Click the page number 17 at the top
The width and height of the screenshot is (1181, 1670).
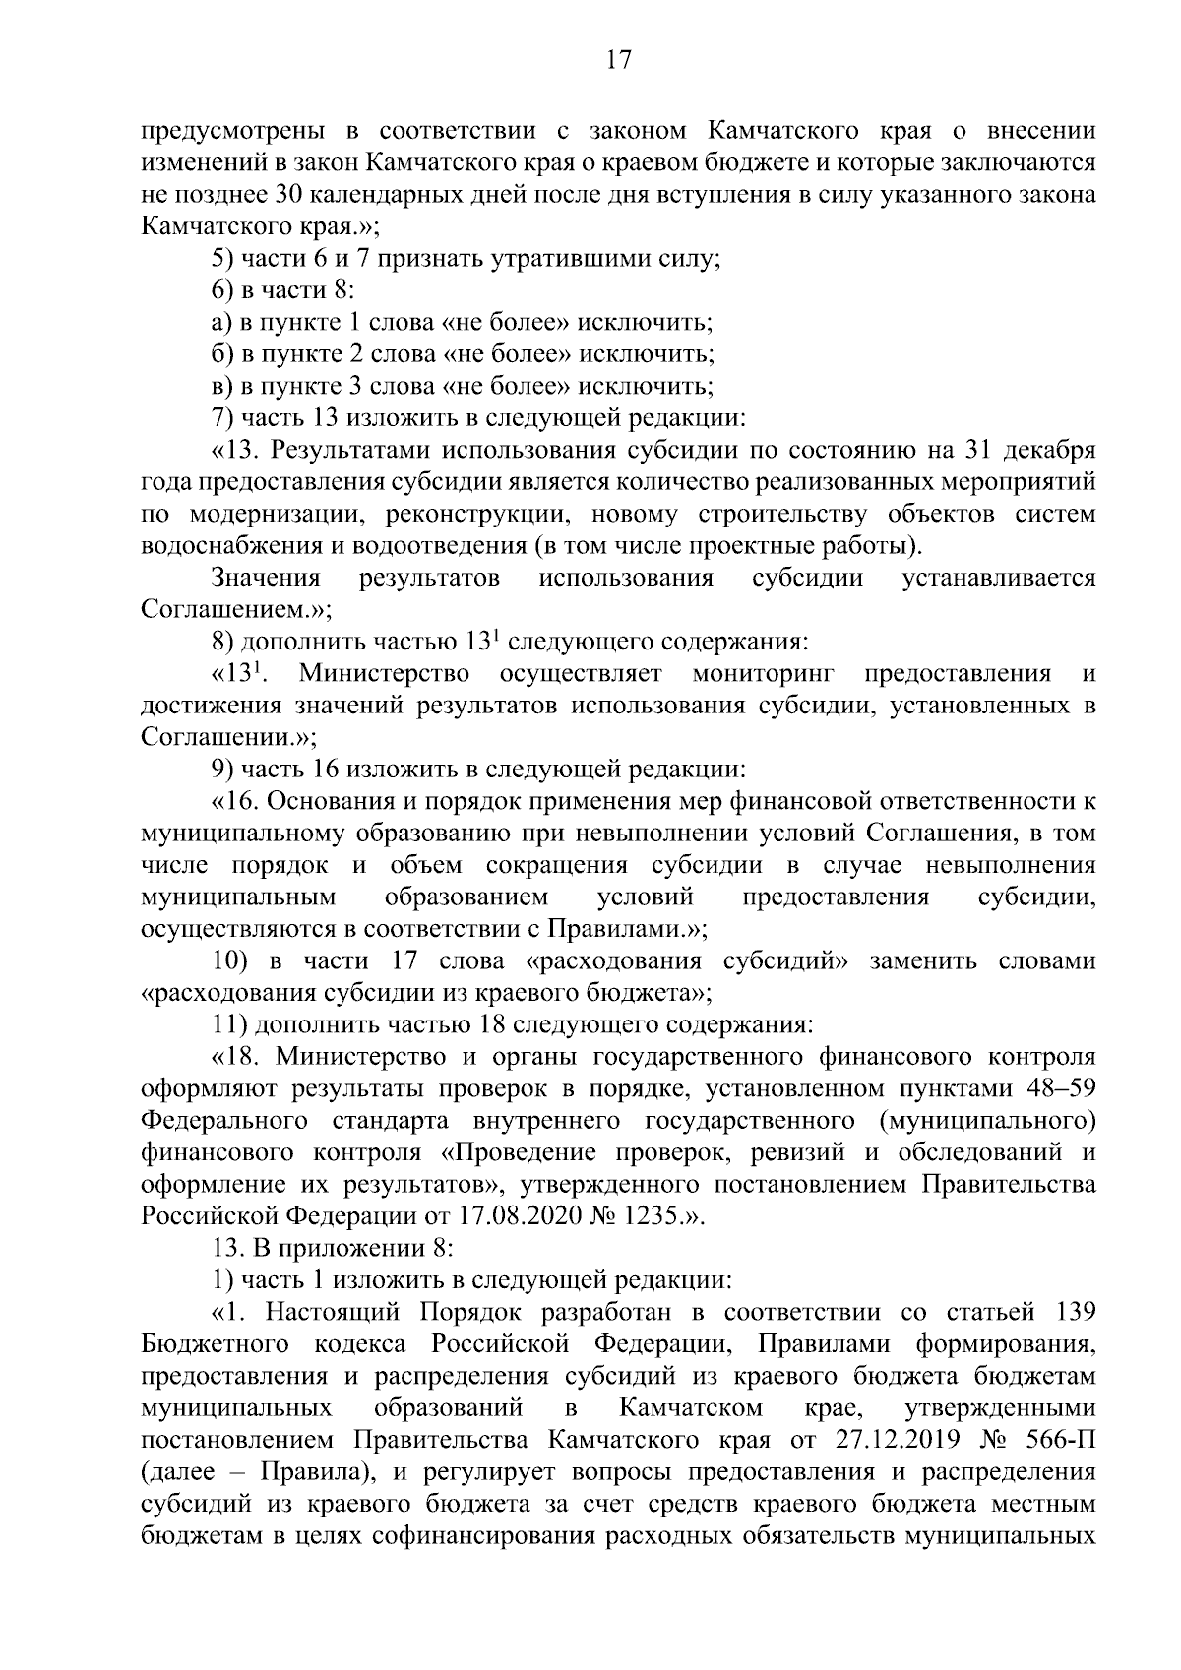tap(617, 60)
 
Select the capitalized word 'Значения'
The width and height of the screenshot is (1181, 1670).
tap(266, 578)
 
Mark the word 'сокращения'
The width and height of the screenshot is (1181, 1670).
tap(556, 865)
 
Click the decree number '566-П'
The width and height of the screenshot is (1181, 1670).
tap(1062, 1440)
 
